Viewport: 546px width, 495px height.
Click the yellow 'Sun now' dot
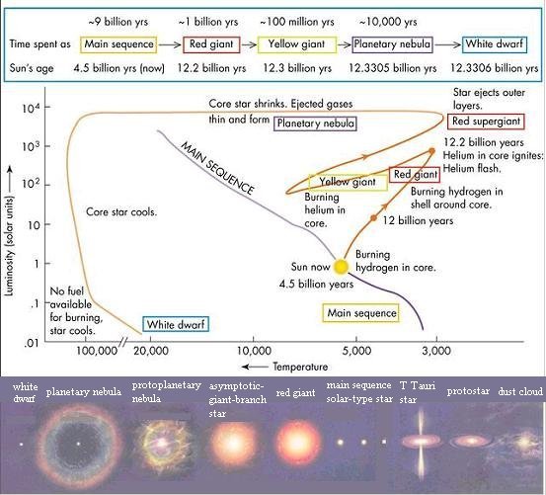click(x=341, y=267)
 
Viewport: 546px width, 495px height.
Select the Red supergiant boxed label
click(x=486, y=122)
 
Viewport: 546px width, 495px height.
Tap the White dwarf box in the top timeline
click(x=494, y=44)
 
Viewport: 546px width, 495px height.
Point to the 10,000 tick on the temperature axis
click(x=253, y=339)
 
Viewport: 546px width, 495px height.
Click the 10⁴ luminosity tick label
click(x=31, y=109)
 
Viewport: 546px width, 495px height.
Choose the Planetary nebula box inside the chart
click(x=315, y=124)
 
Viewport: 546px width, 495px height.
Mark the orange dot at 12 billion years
click(x=373, y=218)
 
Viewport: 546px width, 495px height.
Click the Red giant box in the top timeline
click(x=211, y=44)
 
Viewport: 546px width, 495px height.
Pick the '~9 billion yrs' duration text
click(x=118, y=22)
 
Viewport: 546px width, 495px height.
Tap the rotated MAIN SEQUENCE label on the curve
click(x=217, y=167)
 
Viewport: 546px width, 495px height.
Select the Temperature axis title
click(x=300, y=367)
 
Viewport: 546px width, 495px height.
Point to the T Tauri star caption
click(x=418, y=392)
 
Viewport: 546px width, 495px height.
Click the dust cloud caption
click(x=520, y=391)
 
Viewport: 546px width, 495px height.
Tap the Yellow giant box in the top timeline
click(x=296, y=44)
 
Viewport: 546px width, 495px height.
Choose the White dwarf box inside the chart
click(x=176, y=324)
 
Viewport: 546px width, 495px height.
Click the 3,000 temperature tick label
click(x=436, y=351)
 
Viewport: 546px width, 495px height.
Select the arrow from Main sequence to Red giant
click(x=170, y=44)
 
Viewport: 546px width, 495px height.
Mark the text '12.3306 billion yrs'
click(x=495, y=68)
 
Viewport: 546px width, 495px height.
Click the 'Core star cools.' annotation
click(x=121, y=211)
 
